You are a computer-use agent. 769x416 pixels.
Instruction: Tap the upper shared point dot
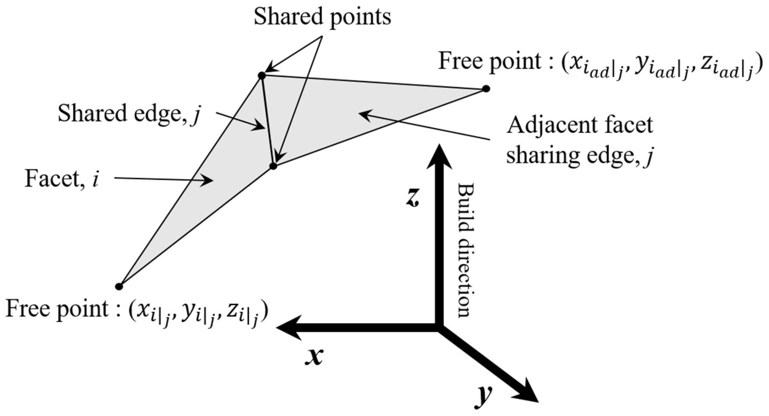[262, 76]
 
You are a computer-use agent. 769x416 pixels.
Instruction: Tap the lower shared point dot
[273, 166]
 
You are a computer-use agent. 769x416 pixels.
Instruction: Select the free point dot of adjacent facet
[486, 89]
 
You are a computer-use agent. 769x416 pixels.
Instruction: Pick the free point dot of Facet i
[119, 286]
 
